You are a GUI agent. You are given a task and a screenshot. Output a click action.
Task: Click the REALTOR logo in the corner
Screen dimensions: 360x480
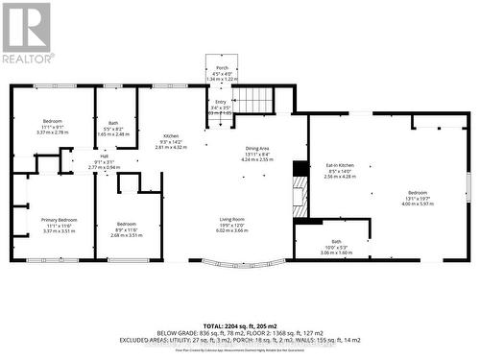(27, 34)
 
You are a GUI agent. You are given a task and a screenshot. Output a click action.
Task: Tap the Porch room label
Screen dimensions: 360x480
(222, 68)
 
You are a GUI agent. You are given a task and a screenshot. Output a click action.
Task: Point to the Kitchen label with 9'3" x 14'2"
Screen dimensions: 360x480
(171, 136)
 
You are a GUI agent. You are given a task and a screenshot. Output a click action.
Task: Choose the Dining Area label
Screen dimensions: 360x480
(257, 149)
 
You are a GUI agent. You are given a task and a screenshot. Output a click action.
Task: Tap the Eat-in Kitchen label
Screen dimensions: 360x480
(340, 167)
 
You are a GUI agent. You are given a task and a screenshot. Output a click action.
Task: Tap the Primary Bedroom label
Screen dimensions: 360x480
(59, 220)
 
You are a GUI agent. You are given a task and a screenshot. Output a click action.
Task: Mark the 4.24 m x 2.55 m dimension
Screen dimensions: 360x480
(257, 160)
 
